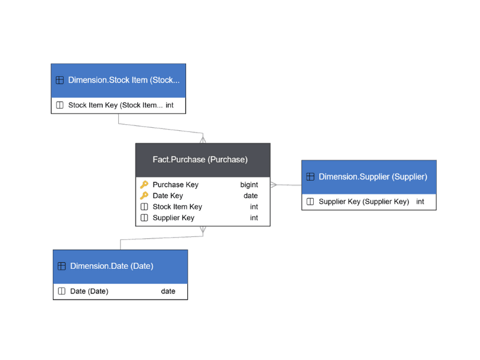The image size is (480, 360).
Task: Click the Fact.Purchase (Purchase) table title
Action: (x=200, y=160)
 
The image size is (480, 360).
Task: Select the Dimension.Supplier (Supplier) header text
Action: (x=373, y=176)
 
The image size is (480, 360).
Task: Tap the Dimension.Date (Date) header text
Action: (x=112, y=266)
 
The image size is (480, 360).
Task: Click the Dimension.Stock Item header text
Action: (x=124, y=80)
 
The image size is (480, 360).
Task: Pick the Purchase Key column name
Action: (x=175, y=185)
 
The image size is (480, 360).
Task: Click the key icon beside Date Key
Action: (x=144, y=196)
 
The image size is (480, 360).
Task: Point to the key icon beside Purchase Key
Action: (x=144, y=185)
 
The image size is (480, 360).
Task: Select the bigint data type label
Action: (x=249, y=185)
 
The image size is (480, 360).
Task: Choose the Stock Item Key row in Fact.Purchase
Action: (x=177, y=207)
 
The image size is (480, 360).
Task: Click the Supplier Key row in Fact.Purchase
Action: (x=173, y=218)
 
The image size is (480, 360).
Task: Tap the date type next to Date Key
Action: (x=250, y=196)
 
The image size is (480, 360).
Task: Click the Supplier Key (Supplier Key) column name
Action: (x=364, y=202)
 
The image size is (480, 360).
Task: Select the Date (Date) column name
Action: (x=89, y=292)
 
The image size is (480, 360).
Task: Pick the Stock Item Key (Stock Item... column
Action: (x=115, y=105)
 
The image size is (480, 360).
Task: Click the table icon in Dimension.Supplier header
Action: (x=310, y=176)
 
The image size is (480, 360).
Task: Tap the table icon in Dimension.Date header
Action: (x=61, y=266)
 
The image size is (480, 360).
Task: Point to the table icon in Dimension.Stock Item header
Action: (x=59, y=80)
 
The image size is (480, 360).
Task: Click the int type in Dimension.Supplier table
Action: (x=420, y=202)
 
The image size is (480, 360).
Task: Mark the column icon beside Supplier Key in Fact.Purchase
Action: (x=144, y=218)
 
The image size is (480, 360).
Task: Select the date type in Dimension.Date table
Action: (x=168, y=292)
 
